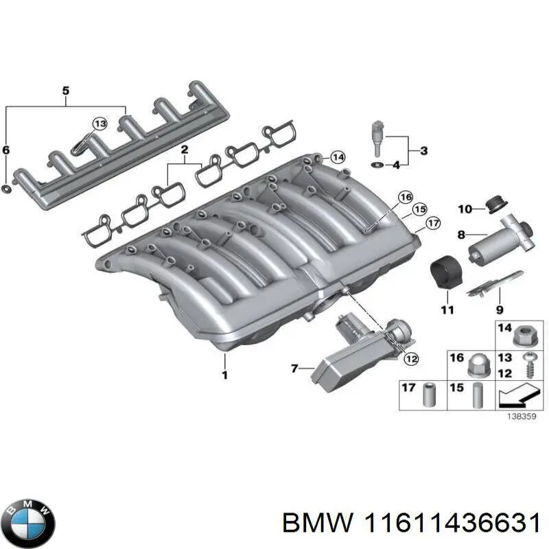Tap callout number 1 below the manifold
[223, 375]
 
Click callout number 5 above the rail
[66, 91]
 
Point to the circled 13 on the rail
[100, 124]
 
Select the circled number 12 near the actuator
[410, 358]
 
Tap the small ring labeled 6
[6, 188]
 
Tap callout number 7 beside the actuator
[294, 369]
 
